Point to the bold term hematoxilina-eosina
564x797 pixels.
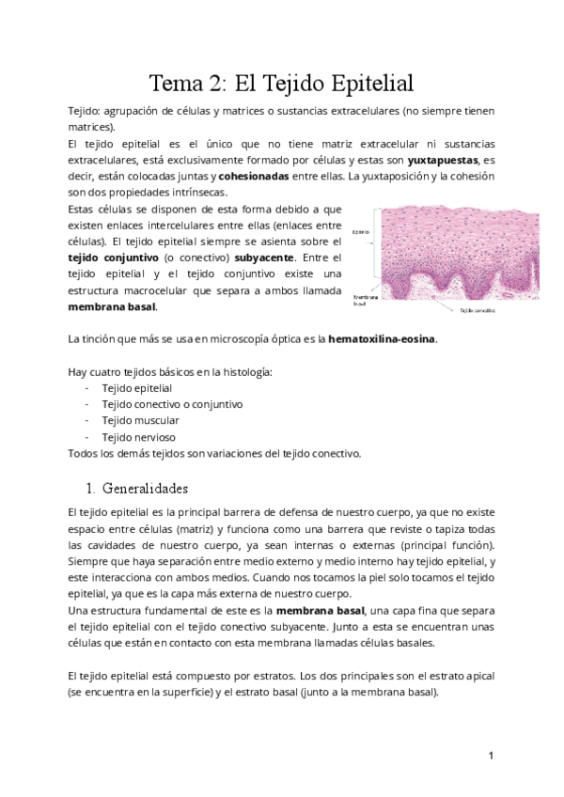[383, 338]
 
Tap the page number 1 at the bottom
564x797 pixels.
[491, 756]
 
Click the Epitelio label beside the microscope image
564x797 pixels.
[360, 231]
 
